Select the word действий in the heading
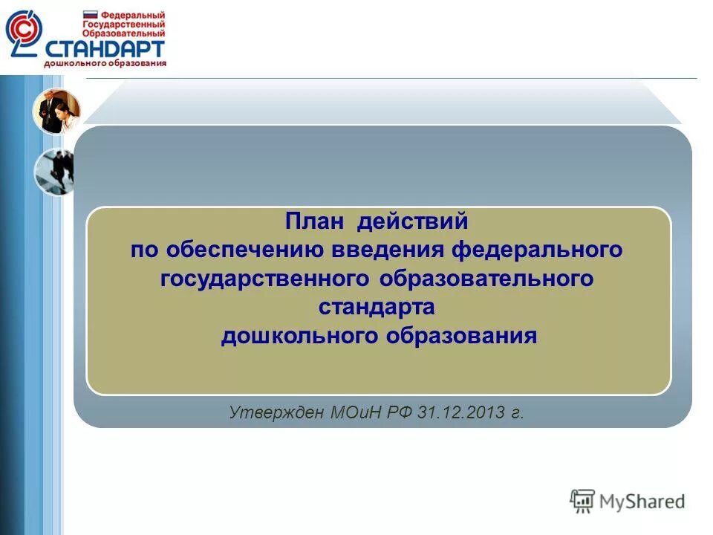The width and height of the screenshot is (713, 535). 413,222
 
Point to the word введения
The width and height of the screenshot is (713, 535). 386,250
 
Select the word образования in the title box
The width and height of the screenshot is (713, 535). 460,335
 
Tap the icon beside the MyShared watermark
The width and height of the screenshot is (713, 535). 582,500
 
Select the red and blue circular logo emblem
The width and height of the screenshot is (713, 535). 24,33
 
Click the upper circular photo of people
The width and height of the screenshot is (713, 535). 56,111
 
